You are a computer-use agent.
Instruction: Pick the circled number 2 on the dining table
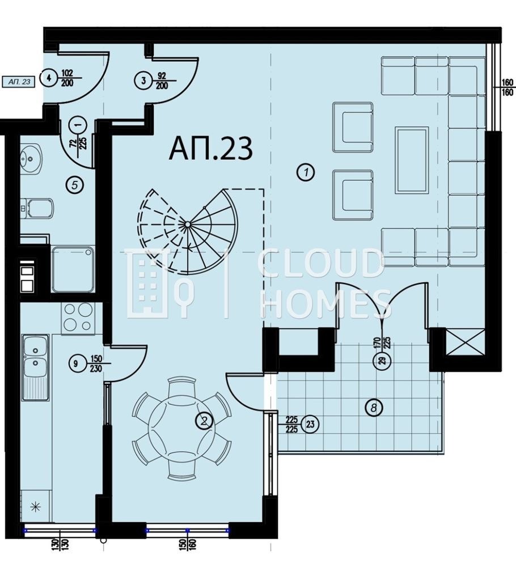click(204, 420)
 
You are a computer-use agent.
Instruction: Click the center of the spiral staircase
click(187, 225)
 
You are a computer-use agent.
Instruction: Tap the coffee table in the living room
click(412, 160)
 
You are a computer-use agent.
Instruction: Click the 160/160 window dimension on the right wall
click(506, 89)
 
